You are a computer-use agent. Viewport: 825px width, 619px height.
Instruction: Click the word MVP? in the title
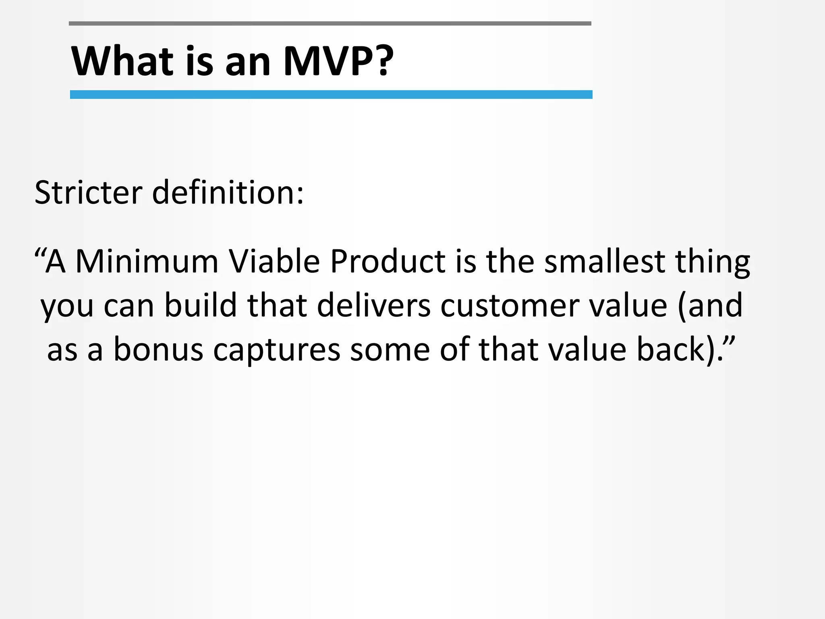[338, 61]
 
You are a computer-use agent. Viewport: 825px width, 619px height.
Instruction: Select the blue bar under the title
[331, 94]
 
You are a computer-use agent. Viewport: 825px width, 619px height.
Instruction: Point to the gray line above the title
[330, 23]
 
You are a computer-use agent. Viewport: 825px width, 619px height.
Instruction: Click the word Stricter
[88, 193]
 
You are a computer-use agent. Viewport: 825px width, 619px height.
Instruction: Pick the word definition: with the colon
[228, 193]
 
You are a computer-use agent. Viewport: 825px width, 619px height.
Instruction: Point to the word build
[200, 305]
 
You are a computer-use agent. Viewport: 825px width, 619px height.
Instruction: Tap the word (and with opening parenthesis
[710, 305]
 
